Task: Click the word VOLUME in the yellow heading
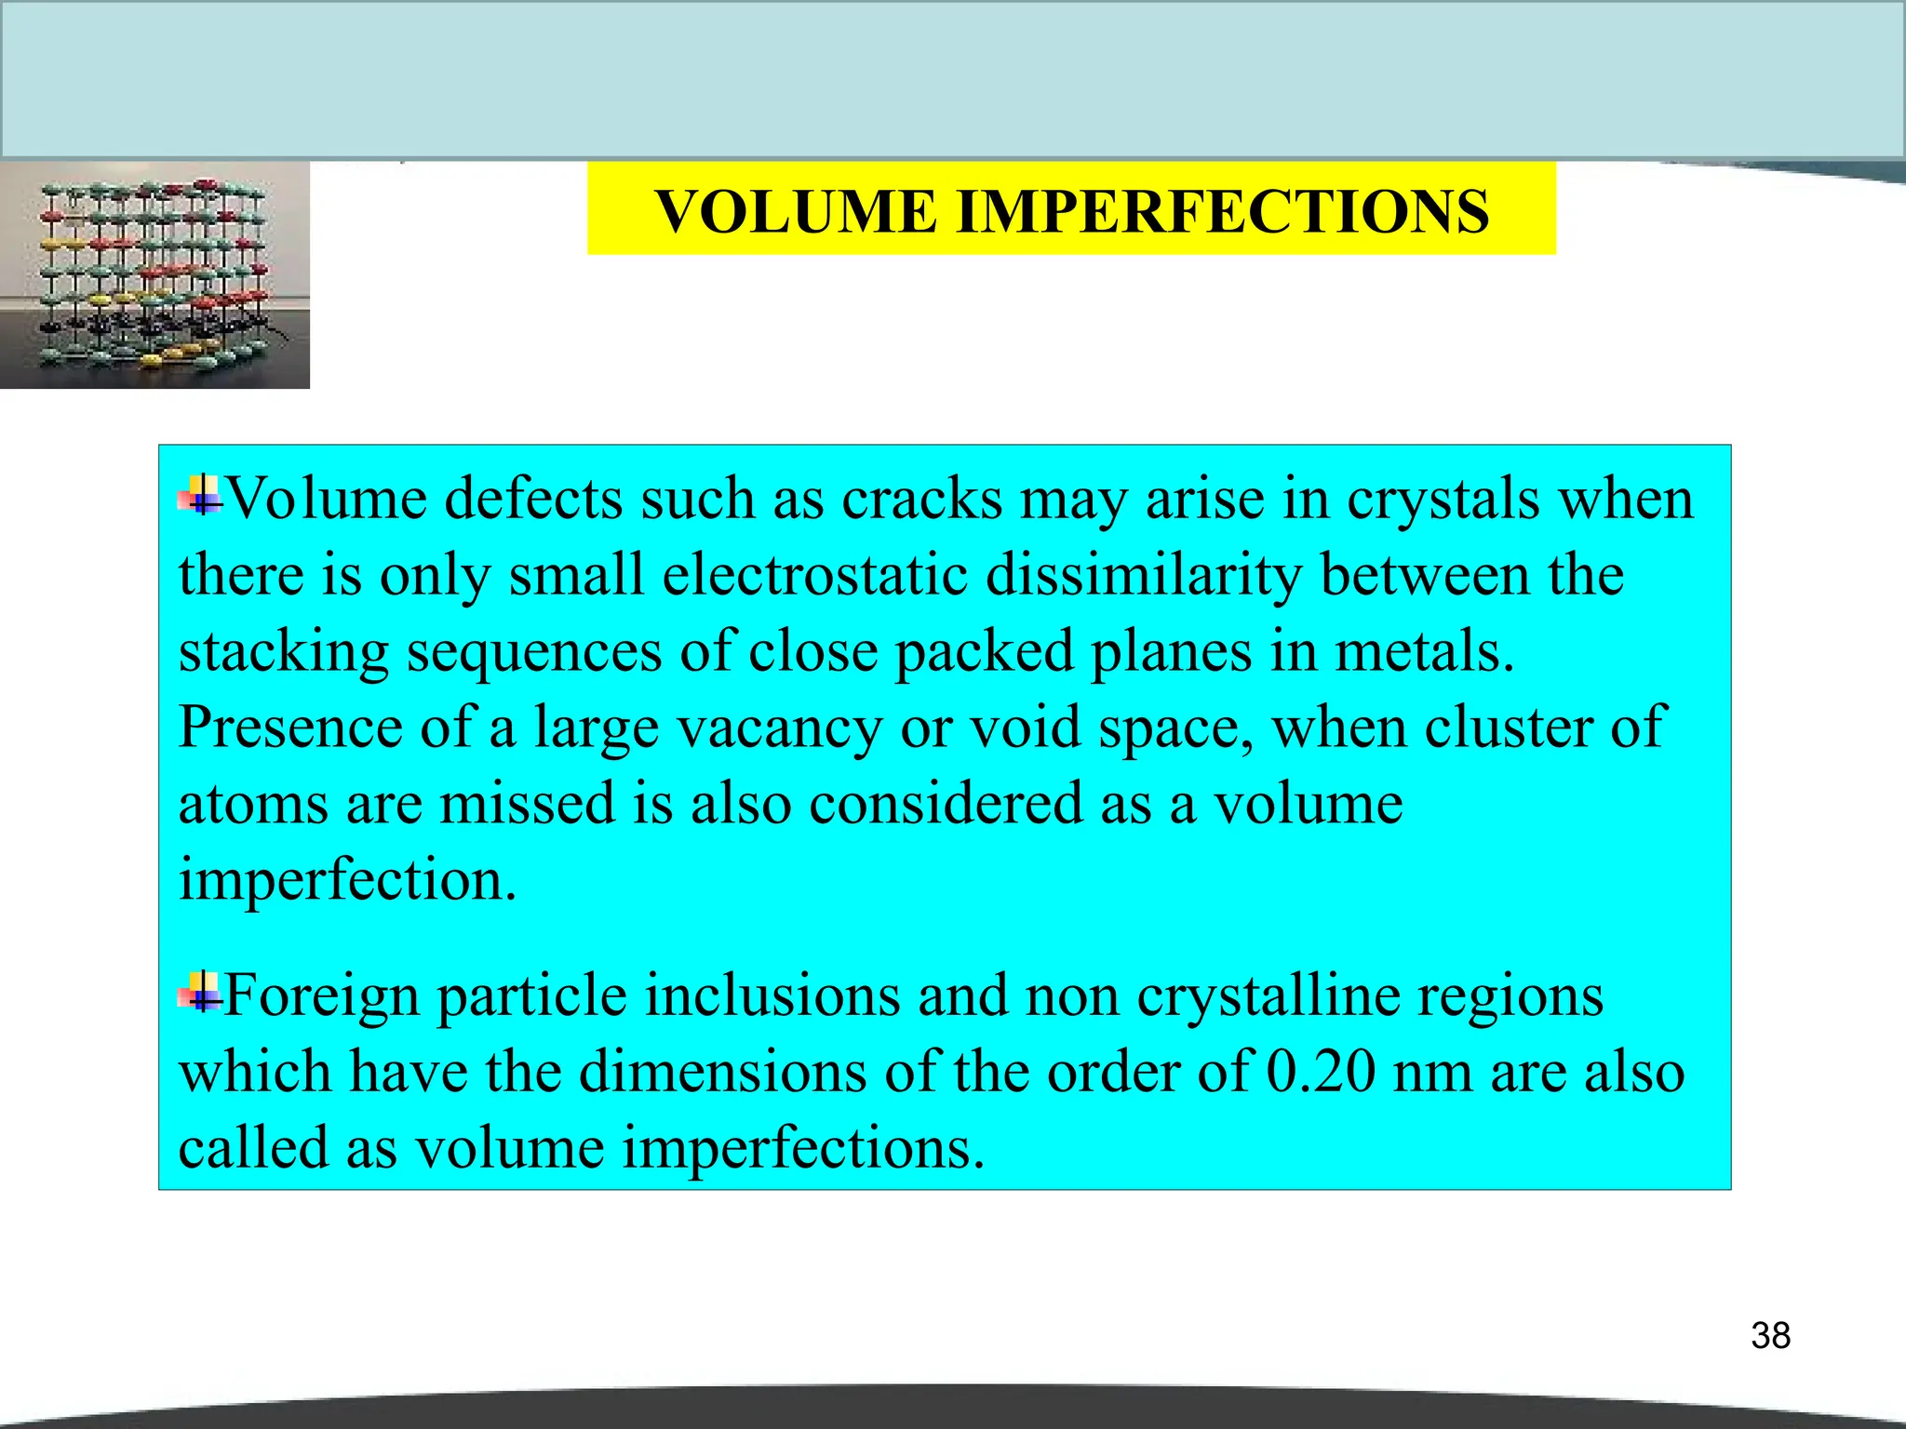[x=796, y=212]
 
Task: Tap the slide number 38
[x=1770, y=1336]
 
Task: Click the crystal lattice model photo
[x=154, y=274]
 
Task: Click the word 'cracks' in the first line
[x=921, y=500]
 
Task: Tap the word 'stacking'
[x=283, y=652]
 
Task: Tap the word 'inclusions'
[x=772, y=995]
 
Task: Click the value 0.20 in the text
[x=1321, y=1072]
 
